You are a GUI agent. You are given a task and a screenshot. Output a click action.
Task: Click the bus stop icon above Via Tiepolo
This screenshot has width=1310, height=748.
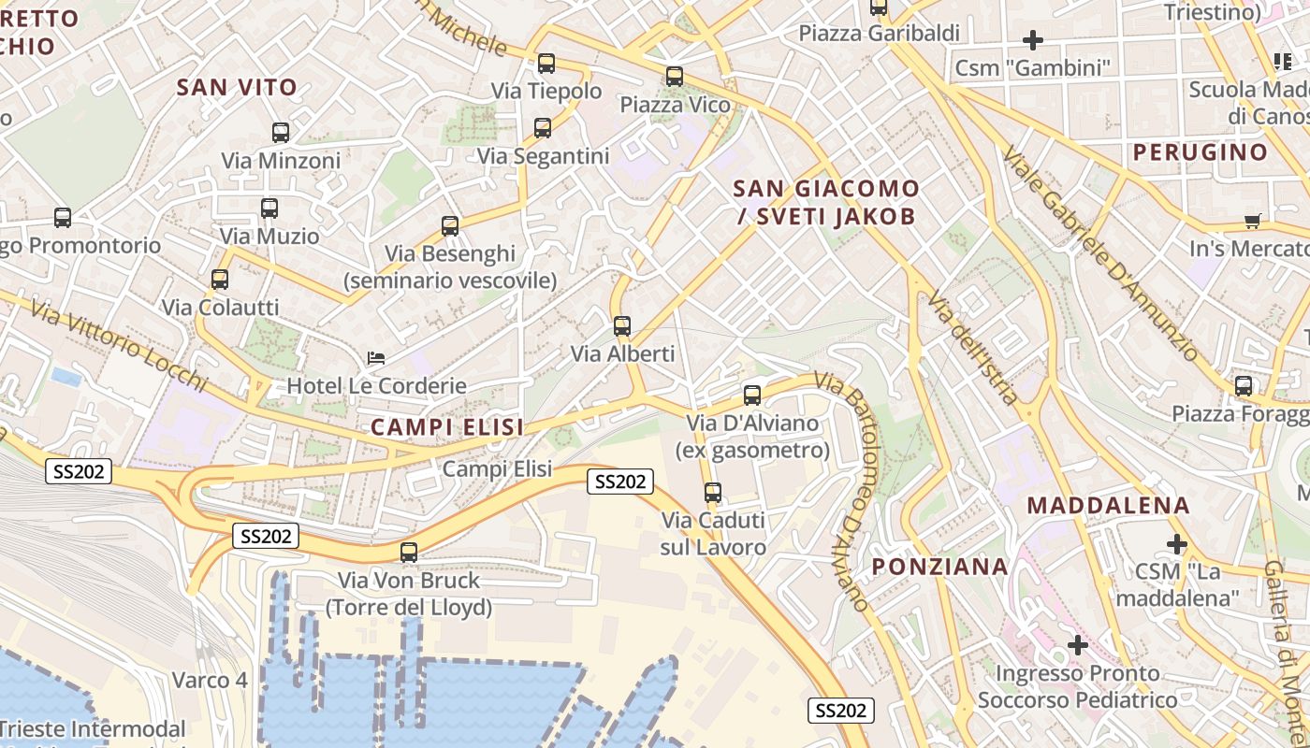point(546,64)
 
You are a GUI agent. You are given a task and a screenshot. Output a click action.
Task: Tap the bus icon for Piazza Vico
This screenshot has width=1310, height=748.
point(675,77)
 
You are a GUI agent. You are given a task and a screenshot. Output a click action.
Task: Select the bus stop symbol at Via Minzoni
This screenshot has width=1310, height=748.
point(281,133)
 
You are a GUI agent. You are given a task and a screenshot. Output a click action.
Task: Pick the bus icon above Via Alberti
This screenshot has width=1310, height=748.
point(622,326)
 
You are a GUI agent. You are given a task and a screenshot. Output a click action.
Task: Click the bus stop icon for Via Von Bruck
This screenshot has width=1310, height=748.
point(409,553)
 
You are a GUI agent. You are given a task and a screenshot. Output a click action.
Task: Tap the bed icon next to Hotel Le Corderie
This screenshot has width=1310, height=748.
point(376,358)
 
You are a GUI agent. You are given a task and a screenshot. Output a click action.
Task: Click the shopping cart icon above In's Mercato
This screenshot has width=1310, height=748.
point(1252,221)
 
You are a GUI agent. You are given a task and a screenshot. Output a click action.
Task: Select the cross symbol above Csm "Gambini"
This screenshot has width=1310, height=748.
point(1033,40)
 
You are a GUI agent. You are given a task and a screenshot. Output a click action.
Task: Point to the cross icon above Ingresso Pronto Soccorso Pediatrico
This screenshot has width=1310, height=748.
point(1078,645)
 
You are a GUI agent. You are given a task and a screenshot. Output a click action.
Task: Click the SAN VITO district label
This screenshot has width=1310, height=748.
point(237,88)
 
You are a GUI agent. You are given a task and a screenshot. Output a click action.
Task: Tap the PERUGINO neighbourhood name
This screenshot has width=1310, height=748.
point(1201,151)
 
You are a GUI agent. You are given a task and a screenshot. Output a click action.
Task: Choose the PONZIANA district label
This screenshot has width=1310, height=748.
point(940,566)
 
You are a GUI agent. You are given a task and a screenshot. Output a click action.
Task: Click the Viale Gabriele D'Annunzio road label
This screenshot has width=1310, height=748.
point(1099,253)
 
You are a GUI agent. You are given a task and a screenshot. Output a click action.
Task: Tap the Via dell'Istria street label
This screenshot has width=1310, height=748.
point(973,347)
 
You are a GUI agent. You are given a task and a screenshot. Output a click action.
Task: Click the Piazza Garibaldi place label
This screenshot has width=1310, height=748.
point(880,34)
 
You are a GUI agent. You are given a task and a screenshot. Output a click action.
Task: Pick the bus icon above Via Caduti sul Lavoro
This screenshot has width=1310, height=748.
point(713,492)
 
